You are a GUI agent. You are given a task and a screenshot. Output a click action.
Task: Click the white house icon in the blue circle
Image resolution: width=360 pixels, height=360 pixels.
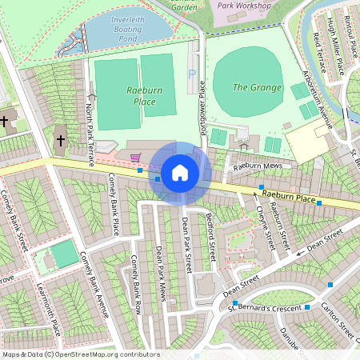pyautogui.click(x=180, y=172)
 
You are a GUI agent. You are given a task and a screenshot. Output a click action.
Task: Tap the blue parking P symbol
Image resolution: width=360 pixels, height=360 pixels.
pyautogui.click(x=191, y=73)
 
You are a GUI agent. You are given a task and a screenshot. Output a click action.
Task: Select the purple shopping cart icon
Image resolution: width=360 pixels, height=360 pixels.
pyautogui.click(x=135, y=157)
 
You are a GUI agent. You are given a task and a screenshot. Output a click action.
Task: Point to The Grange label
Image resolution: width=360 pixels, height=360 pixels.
pyautogui.click(x=257, y=87)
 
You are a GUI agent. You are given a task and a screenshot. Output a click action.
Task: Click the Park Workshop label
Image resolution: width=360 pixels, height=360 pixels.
pyautogui.click(x=245, y=5)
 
